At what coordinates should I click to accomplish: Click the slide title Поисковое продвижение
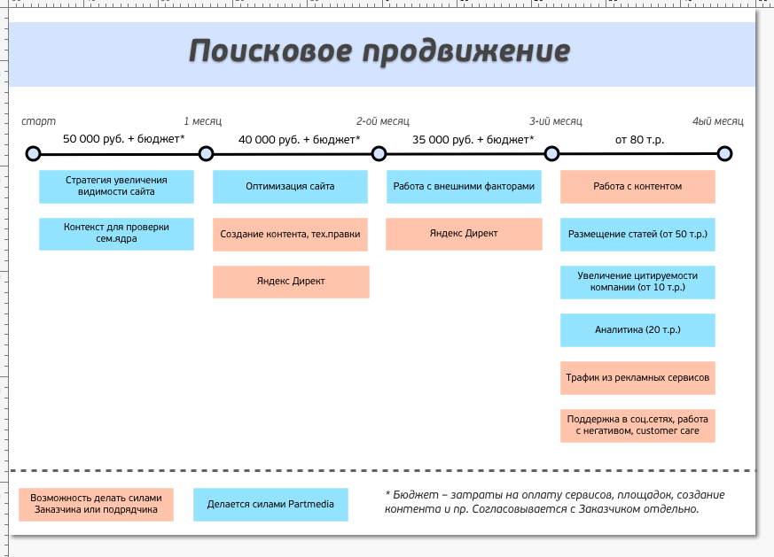pyautogui.click(x=379, y=51)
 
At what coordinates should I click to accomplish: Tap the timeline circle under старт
pyautogui.click(x=33, y=154)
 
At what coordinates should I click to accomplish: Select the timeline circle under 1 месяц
pyautogui.click(x=207, y=154)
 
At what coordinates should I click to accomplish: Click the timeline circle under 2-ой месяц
pyautogui.click(x=379, y=154)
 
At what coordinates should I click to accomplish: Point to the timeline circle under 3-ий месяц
pyautogui.click(x=551, y=154)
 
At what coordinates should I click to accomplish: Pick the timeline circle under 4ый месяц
pyautogui.click(x=724, y=154)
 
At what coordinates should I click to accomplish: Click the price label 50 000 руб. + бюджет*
pyautogui.click(x=124, y=139)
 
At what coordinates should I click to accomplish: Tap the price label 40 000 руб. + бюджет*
pyautogui.click(x=300, y=139)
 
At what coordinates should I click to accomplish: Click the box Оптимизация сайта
pyautogui.click(x=290, y=187)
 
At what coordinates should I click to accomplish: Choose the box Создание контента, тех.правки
pyautogui.click(x=290, y=235)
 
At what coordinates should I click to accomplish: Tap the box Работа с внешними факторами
pyautogui.click(x=464, y=187)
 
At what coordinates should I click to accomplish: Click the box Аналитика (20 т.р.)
pyautogui.click(x=637, y=330)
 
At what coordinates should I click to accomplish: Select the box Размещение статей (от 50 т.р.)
pyautogui.click(x=637, y=235)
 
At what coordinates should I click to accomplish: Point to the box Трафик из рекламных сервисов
pyautogui.click(x=637, y=378)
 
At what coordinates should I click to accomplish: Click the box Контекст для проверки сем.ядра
pyautogui.click(x=116, y=234)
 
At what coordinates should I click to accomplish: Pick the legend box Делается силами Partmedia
pyautogui.click(x=270, y=505)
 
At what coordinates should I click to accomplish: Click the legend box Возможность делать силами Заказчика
pyautogui.click(x=96, y=505)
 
